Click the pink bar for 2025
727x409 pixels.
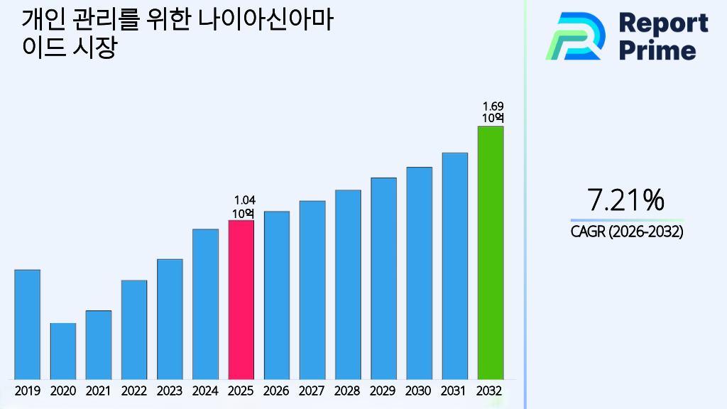click(241, 300)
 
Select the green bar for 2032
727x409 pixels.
click(490, 253)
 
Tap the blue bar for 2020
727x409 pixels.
click(63, 351)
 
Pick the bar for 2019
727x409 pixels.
click(27, 325)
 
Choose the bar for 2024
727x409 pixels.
click(205, 304)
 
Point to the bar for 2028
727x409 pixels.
click(348, 284)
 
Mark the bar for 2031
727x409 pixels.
click(454, 266)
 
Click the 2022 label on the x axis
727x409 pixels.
click(134, 391)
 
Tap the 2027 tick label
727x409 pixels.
click(312, 391)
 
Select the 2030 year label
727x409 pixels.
click(419, 391)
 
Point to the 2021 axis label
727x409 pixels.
click(99, 391)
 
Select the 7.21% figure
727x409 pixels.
click(626, 201)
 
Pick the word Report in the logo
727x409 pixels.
click(663, 23)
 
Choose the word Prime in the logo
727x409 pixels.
click(657, 50)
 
